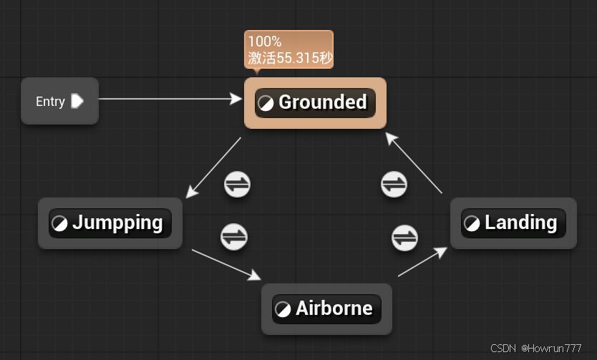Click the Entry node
[x=59, y=101]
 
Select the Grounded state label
[x=322, y=102]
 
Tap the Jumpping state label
[x=117, y=223]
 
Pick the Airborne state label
[x=334, y=308]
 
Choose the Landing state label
[x=520, y=223]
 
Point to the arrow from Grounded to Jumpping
[x=213, y=167]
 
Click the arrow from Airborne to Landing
[x=423, y=261]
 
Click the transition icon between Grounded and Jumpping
[x=237, y=184]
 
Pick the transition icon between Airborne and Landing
[x=404, y=237]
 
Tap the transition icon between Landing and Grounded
[x=394, y=184]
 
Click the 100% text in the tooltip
[x=265, y=42]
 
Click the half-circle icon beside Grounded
[x=266, y=103]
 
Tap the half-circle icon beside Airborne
[x=283, y=309]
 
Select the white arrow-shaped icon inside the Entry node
[x=77, y=101]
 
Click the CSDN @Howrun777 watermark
[x=536, y=348]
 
